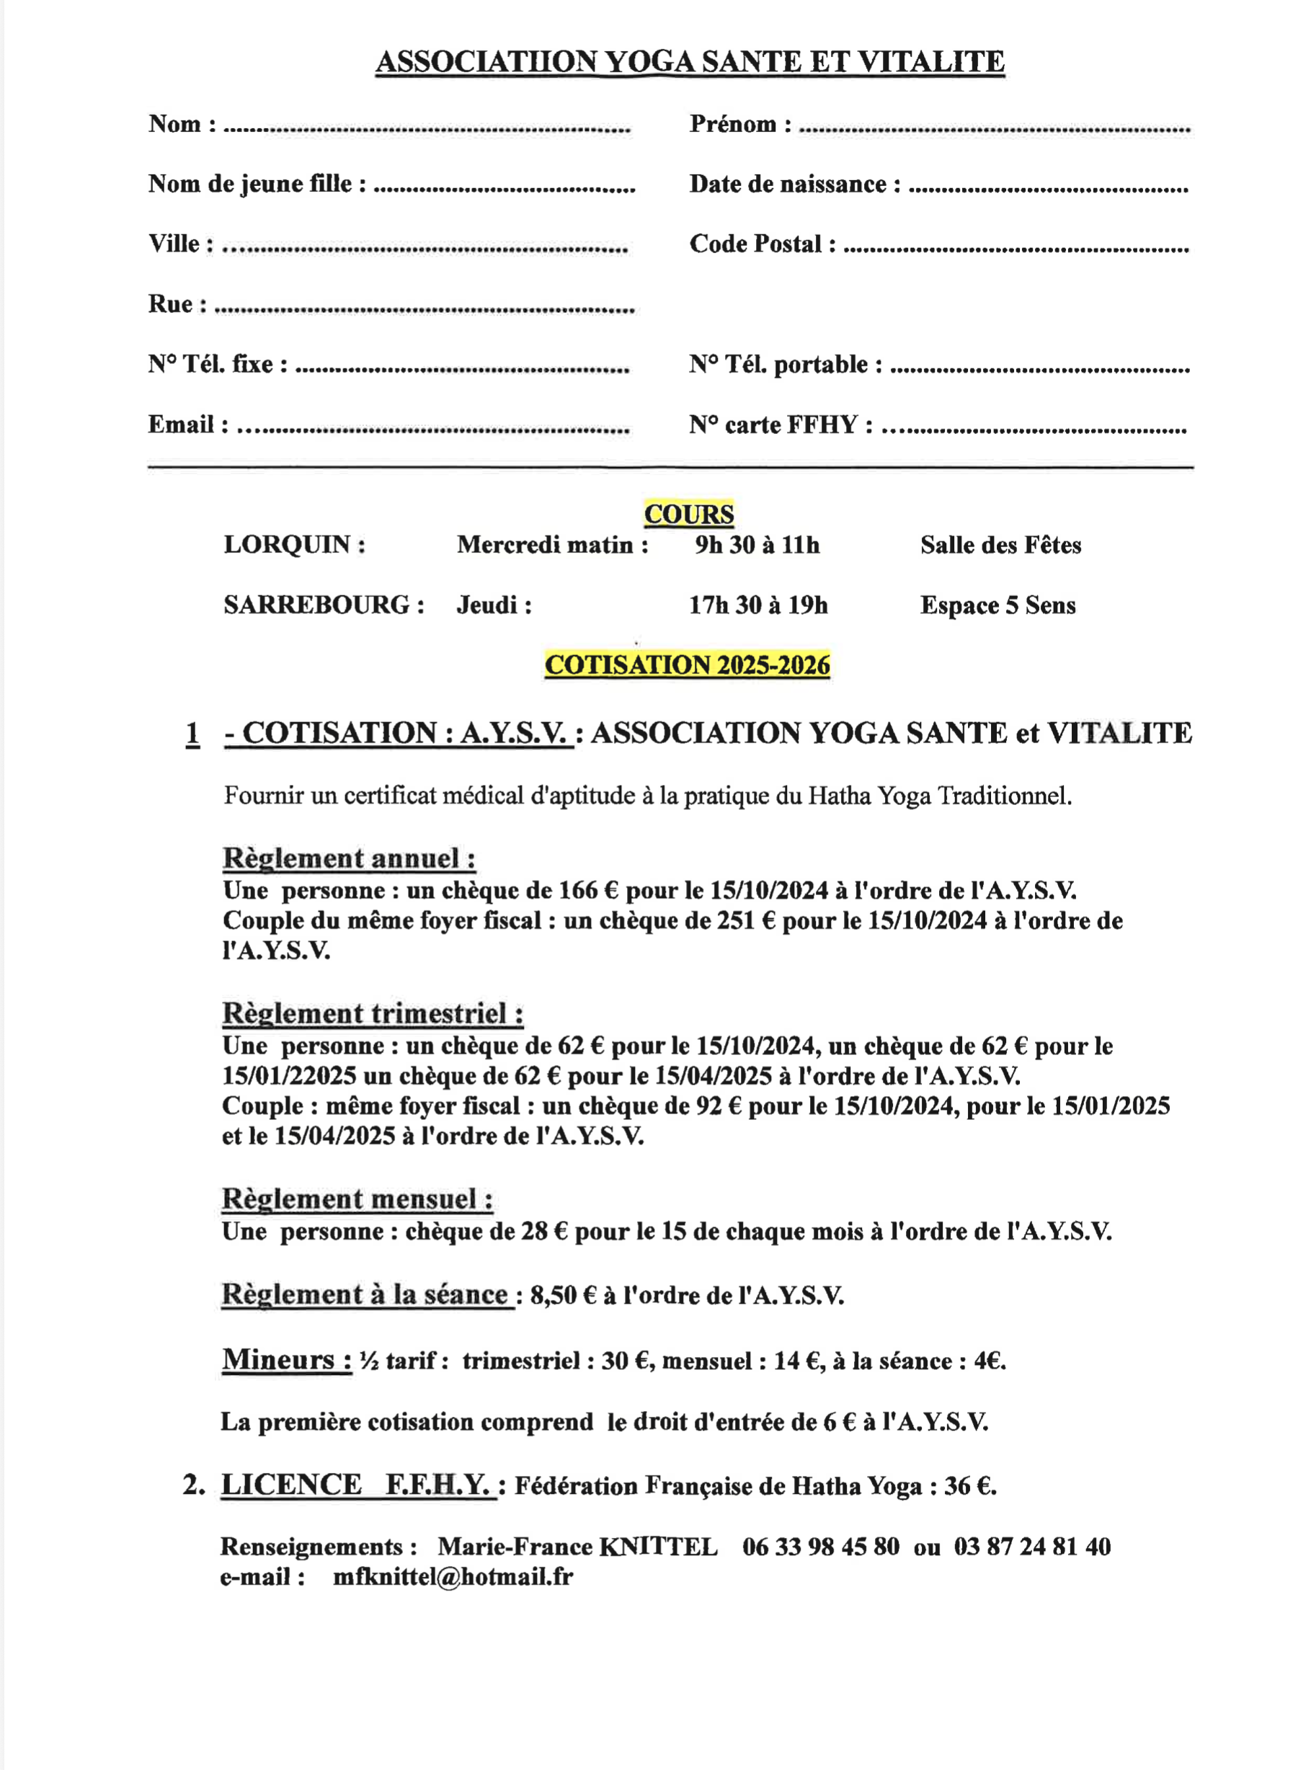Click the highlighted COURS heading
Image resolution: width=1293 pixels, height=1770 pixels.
pyautogui.click(x=688, y=514)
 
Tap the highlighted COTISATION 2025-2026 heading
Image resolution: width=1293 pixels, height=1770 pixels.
pyautogui.click(x=686, y=665)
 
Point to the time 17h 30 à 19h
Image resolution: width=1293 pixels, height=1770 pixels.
pyautogui.click(x=757, y=605)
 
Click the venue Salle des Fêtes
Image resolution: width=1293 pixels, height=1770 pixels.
pyautogui.click(x=1000, y=546)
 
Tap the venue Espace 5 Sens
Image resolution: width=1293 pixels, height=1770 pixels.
pyautogui.click(x=997, y=605)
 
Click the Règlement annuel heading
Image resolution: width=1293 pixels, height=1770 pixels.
pyautogui.click(x=349, y=858)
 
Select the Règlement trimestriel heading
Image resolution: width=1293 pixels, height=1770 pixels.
pyautogui.click(x=373, y=1013)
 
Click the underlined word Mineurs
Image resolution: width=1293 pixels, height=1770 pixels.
pyautogui.click(x=285, y=1359)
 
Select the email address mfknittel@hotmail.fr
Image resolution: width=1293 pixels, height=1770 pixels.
pyautogui.click(x=453, y=1577)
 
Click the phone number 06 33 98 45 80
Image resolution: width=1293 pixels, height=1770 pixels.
pyautogui.click(x=820, y=1547)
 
